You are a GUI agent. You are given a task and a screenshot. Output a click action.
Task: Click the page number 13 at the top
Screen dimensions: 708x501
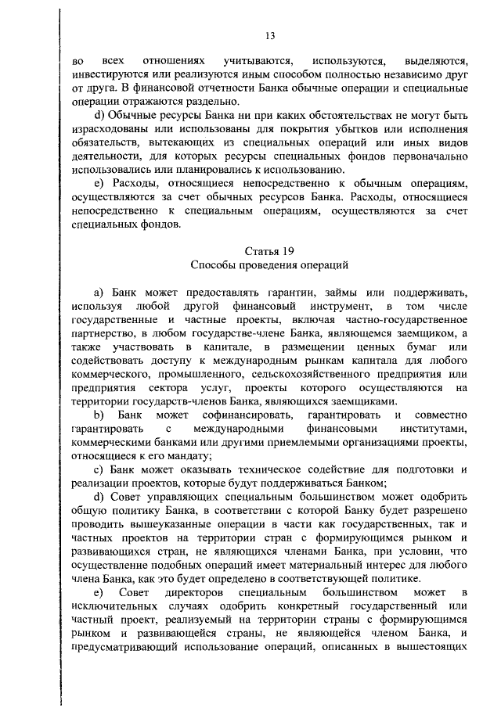tap(270, 36)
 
